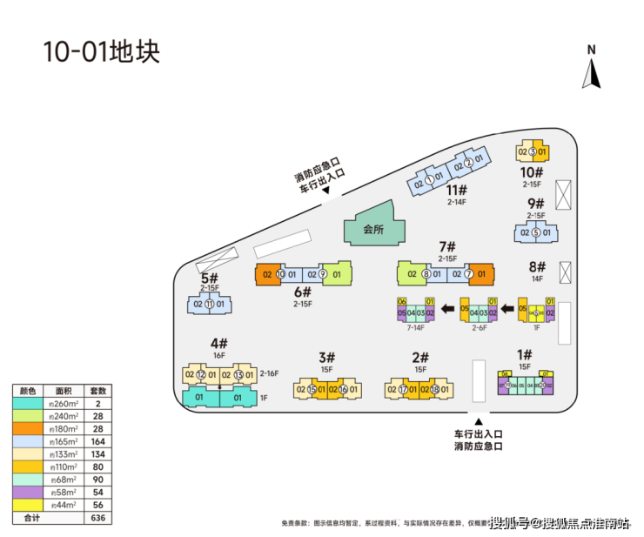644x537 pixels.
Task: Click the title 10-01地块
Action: pos(102,50)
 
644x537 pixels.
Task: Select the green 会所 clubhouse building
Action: pos(372,229)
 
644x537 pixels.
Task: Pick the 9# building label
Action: pos(535,204)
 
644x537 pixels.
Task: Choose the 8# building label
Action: pos(536,266)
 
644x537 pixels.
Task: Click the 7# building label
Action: pos(447,246)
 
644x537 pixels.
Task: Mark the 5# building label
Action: pos(209,278)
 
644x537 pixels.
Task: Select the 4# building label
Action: pos(218,344)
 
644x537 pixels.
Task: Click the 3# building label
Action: pos(326,357)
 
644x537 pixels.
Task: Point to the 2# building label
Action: pos(420,357)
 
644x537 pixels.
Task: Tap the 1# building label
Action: pos(524,354)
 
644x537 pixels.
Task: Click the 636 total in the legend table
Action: pos(98,517)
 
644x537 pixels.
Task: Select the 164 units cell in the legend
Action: pos(98,441)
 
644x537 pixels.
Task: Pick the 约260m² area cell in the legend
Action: pos(63,404)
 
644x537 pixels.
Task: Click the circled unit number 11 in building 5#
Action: pos(209,304)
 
